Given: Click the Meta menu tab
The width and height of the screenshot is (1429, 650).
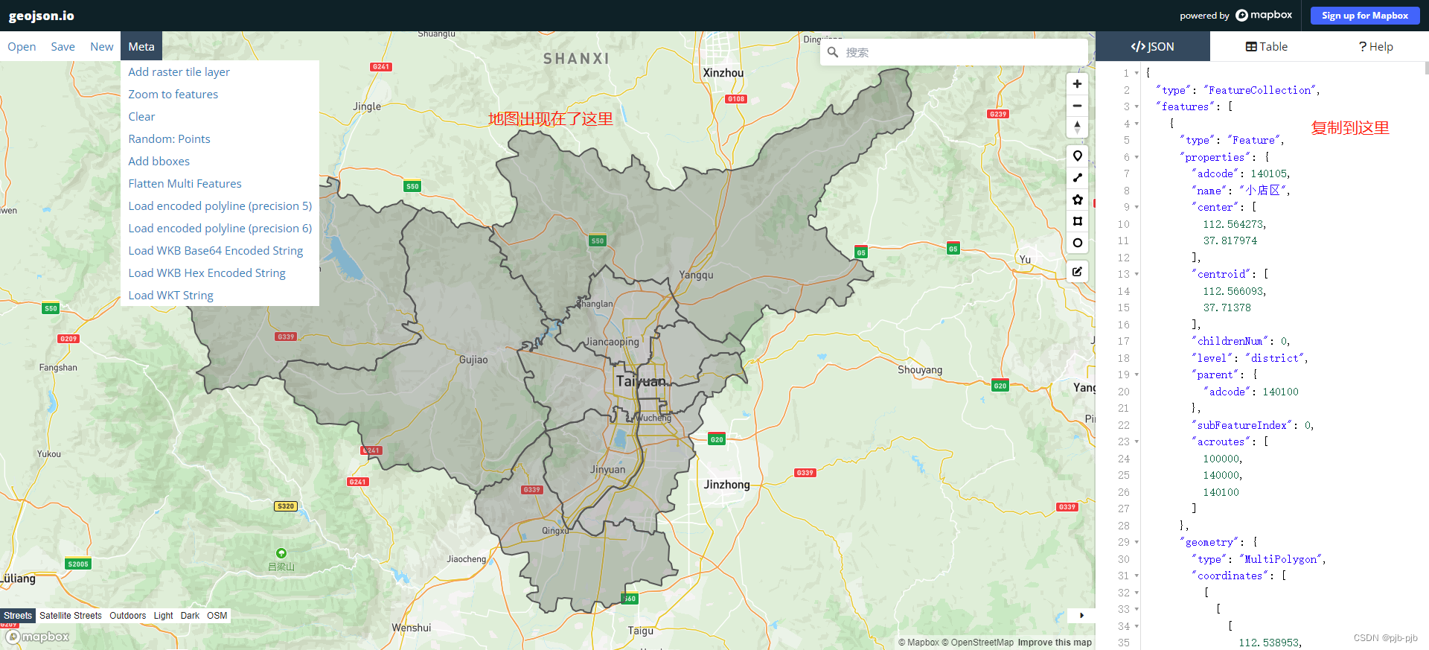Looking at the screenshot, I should point(141,46).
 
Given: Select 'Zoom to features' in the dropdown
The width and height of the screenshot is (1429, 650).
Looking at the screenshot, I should point(173,95).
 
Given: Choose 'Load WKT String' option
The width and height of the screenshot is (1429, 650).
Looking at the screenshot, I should point(170,296).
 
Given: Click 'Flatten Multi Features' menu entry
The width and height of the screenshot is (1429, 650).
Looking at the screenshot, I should point(185,184).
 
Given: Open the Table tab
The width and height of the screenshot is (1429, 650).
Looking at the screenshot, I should point(1266,46).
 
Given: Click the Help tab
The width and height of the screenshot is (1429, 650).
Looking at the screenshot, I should point(1375,46).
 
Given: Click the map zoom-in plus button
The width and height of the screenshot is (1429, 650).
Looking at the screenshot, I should point(1077,83).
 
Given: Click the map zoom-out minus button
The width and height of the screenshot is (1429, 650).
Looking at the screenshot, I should point(1077,106).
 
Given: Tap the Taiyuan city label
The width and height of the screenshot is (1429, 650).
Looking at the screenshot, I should point(641,381).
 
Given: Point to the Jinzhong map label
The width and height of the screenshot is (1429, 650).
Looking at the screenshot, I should point(726,485).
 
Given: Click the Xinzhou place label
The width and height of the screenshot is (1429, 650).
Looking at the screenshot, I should point(723,73).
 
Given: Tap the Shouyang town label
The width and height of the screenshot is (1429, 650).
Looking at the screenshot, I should point(920,370).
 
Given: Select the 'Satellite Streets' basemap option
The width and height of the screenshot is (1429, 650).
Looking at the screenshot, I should point(71,616).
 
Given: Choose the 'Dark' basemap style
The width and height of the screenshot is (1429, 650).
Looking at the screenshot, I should point(190,616).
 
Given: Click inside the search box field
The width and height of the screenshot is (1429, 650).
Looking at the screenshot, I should point(960,52).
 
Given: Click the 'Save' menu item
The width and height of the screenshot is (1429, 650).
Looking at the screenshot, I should point(63,46).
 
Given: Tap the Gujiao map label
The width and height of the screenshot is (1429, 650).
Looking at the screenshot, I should point(473,360).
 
